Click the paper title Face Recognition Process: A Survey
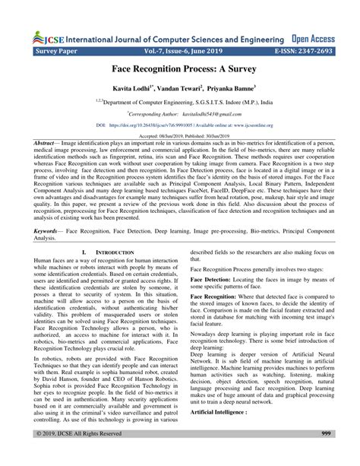pyautogui.click(x=180, y=70)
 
